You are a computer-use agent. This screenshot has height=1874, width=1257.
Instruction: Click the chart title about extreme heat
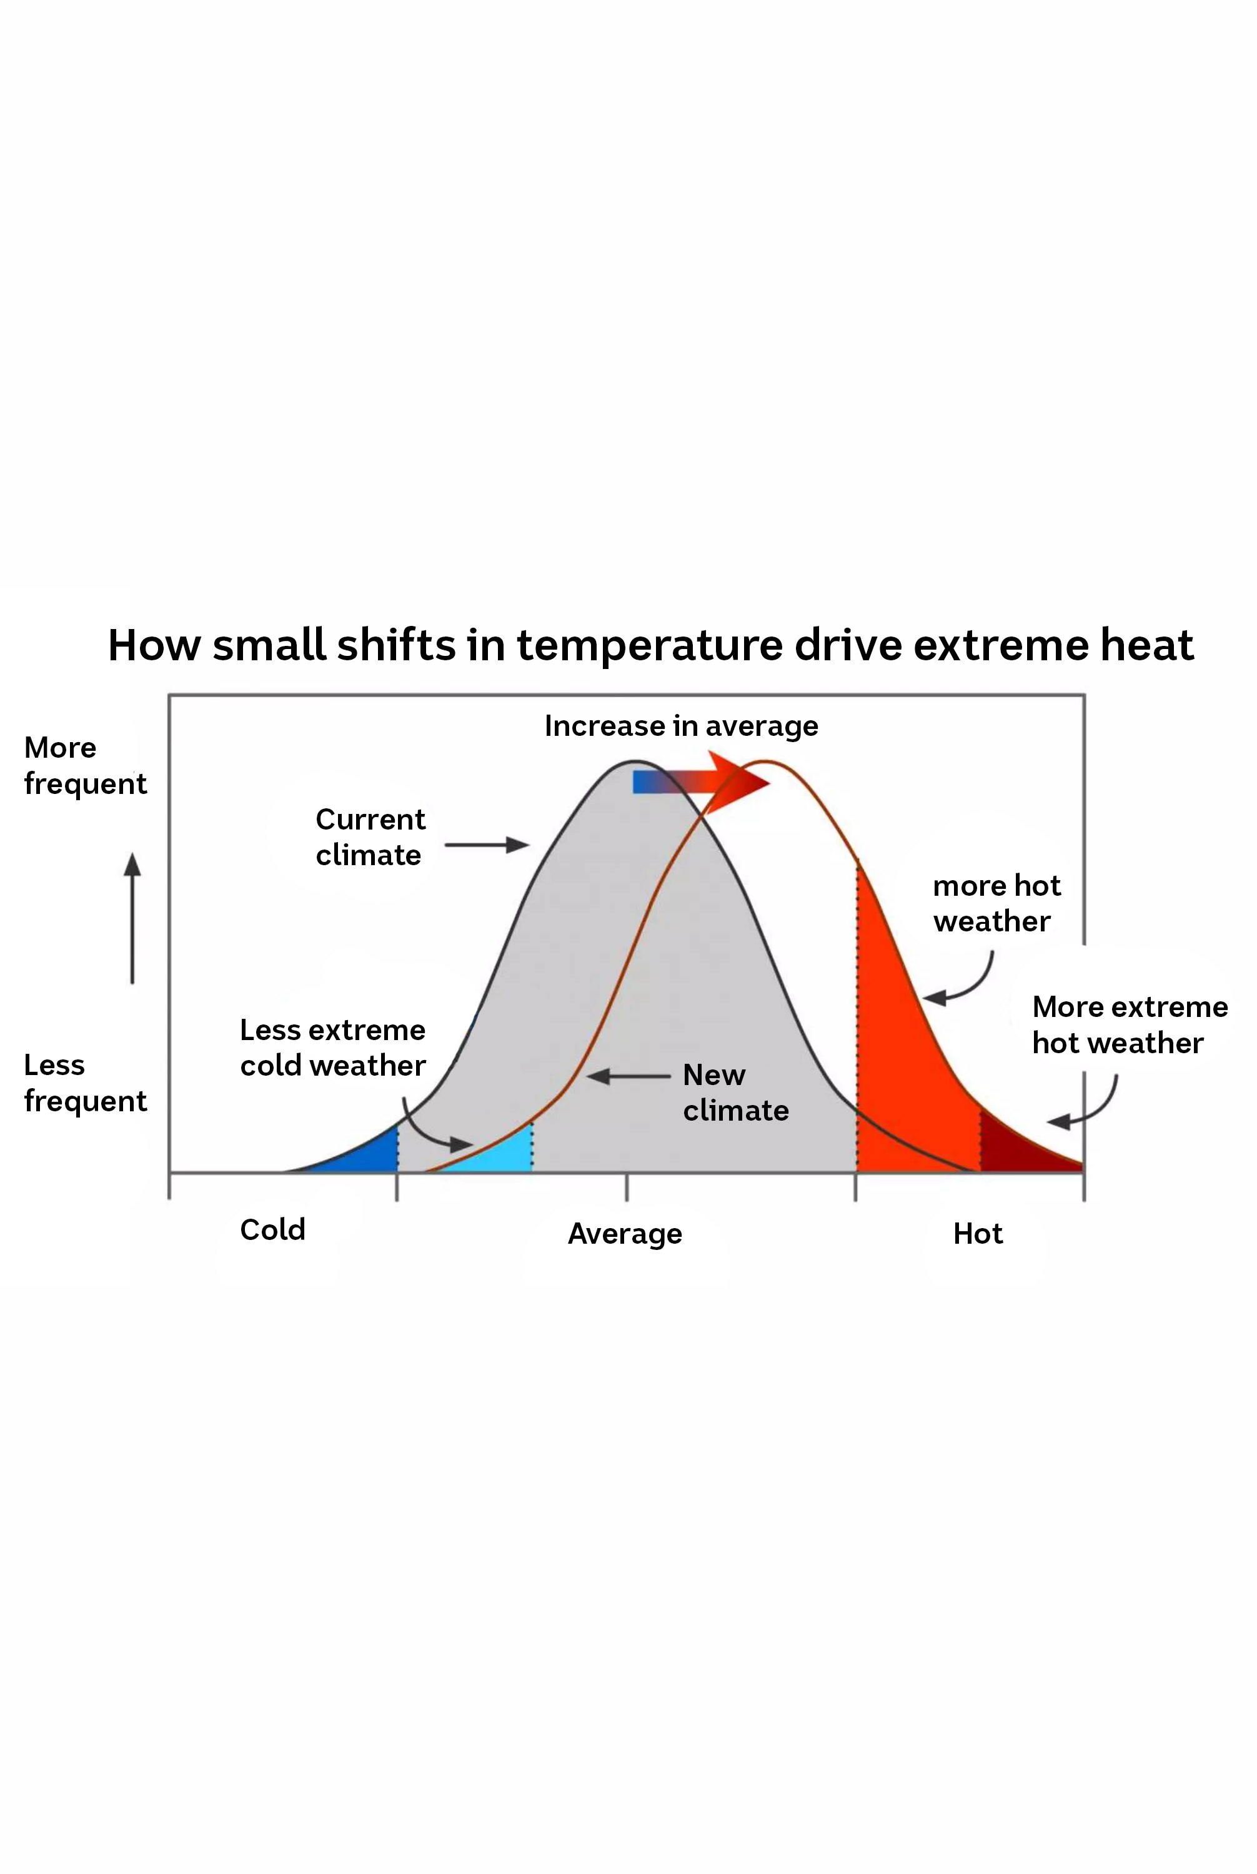pos(650,645)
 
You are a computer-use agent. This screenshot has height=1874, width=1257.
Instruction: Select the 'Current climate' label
pos(370,837)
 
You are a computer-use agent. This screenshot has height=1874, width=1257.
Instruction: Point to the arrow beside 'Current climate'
pos(486,845)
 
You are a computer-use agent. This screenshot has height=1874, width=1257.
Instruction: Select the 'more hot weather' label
pos(996,903)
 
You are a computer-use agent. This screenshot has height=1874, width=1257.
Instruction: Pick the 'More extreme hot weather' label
pos(1129,1024)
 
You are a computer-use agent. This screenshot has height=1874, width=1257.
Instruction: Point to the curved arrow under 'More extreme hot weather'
pos(1087,1105)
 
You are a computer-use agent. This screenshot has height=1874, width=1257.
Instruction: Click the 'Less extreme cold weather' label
pos(333,1047)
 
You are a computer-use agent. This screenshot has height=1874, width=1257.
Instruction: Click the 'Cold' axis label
pos(272,1229)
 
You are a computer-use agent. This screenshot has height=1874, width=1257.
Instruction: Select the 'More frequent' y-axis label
pos(85,765)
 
